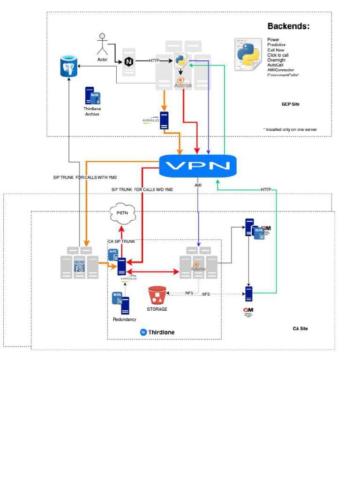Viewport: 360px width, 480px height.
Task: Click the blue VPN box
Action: pos(197,165)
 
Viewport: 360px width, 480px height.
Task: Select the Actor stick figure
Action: pos(102,45)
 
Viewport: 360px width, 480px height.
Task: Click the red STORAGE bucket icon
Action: pos(157,296)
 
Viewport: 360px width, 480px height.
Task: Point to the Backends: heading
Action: pos(288,26)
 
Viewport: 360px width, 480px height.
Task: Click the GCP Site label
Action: pos(290,104)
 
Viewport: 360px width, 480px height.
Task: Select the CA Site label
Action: pos(300,329)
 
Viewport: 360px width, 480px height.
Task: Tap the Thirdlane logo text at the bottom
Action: pos(157,332)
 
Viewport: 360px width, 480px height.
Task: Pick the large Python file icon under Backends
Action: pos(248,55)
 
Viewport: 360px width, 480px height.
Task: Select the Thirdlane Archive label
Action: pos(92,111)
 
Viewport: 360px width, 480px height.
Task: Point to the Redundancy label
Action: pos(125,319)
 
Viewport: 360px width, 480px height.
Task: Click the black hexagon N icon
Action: pos(128,61)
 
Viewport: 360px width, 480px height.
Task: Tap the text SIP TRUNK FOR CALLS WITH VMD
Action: pos(85,178)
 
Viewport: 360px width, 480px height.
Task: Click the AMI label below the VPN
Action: pos(198,186)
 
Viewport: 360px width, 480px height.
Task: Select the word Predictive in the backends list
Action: pos(277,45)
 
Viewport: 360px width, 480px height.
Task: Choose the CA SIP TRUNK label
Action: pos(121,241)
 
